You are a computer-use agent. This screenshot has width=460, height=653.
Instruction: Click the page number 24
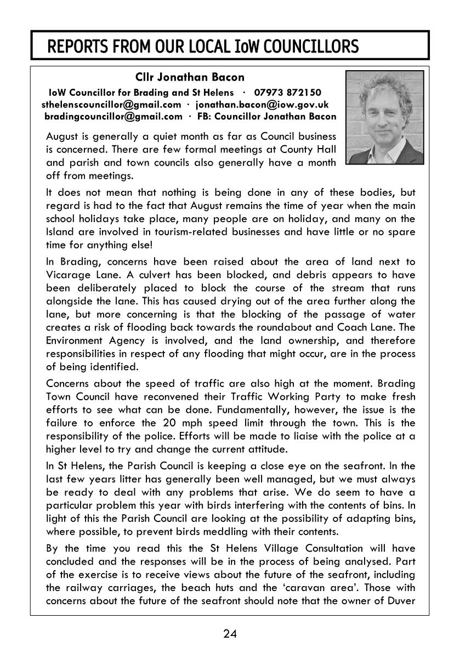tap(230, 634)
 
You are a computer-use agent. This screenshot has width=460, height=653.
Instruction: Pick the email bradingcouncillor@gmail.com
tap(113, 116)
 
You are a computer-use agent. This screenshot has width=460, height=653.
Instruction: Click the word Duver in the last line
tap(401, 600)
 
